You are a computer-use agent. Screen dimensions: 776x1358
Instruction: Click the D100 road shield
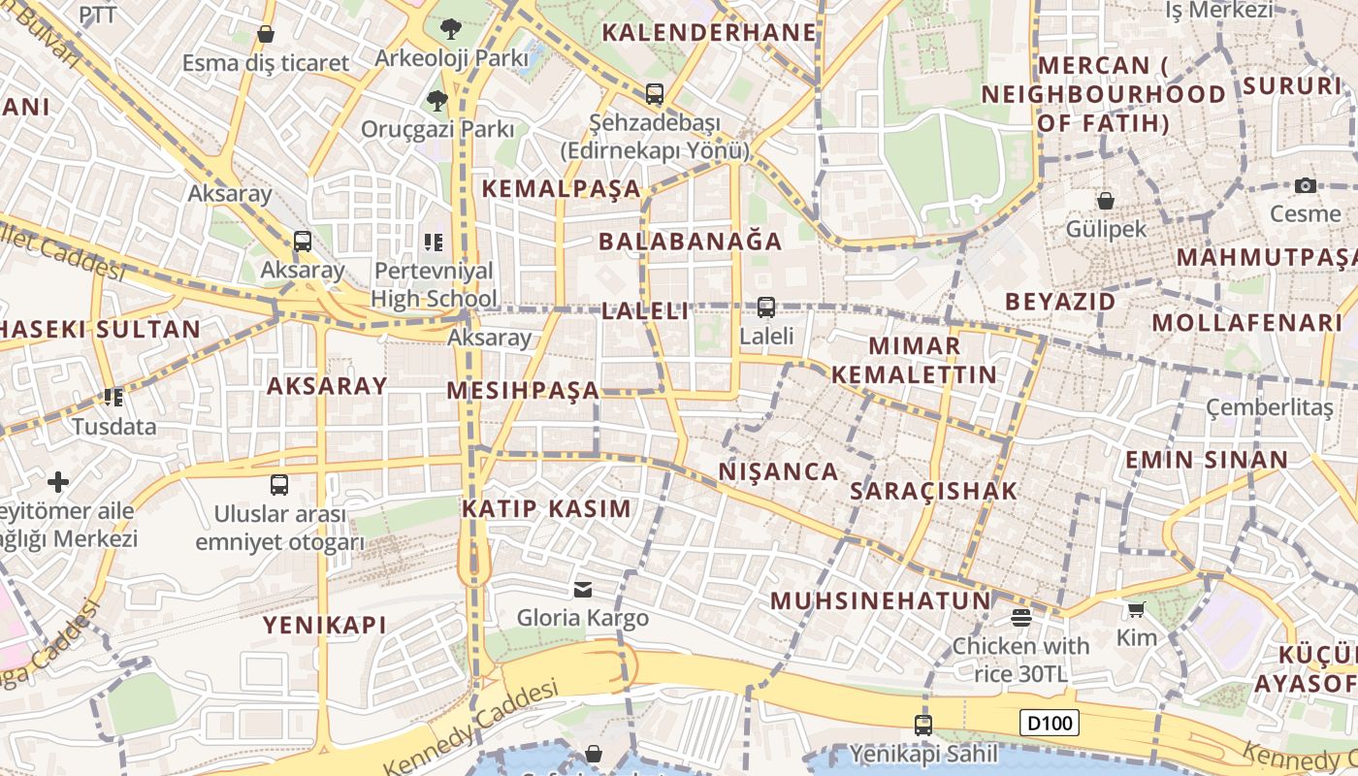pos(1050,723)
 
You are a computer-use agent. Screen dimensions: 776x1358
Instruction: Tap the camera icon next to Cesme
pos(1306,185)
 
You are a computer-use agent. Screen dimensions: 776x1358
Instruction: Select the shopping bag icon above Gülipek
pos(1105,201)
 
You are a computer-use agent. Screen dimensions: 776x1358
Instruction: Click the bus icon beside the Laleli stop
pos(766,307)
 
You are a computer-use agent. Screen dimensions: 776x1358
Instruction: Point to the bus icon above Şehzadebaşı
pos(655,94)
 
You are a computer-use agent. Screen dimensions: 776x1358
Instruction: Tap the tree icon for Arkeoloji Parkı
pos(450,29)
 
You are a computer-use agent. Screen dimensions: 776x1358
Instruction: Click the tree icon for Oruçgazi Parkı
pos(437,100)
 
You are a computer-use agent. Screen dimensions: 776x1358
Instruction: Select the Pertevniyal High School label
pos(434,284)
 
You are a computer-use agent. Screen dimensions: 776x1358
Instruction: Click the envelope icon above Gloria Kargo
pos(583,589)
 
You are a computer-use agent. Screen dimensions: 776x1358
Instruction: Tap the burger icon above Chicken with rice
pos(1020,617)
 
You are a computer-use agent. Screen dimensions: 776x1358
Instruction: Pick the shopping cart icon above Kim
pos(1137,609)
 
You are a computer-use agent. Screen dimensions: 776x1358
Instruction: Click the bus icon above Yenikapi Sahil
pos(923,725)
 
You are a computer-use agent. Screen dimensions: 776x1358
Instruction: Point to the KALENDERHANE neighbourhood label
pos(709,32)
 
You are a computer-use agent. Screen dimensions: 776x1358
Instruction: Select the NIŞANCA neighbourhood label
pos(778,471)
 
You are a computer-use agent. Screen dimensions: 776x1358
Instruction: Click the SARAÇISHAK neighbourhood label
pos(933,491)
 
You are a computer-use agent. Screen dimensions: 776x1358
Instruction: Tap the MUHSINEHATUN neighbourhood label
pos(881,600)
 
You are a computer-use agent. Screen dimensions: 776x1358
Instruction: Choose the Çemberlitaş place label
pos(1269,407)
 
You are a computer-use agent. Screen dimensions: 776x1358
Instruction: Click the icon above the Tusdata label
pos(113,398)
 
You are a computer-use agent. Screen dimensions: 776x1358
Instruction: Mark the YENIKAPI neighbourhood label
pos(324,625)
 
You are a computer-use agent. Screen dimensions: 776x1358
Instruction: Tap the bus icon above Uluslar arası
pos(279,484)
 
